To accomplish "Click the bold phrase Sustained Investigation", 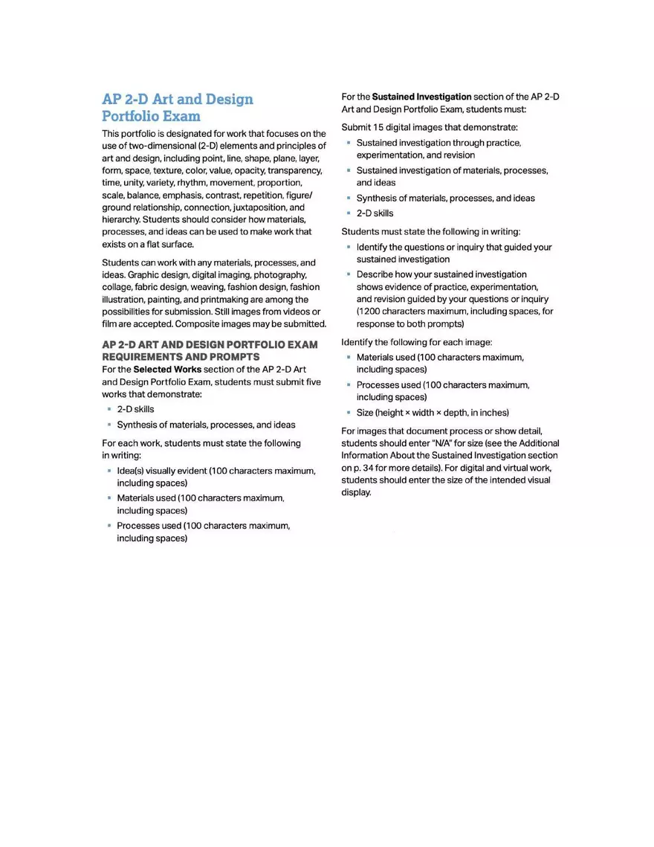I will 421,97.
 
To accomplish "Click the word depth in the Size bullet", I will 463,413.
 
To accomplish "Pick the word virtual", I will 518,468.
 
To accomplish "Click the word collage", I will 117,287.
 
